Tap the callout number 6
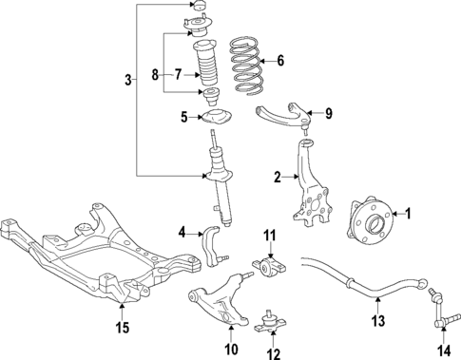tap(279, 61)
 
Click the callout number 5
tap(185, 118)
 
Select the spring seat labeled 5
tap(216, 119)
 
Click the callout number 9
tap(329, 115)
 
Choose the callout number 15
tap(121, 330)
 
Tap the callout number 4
tap(182, 231)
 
